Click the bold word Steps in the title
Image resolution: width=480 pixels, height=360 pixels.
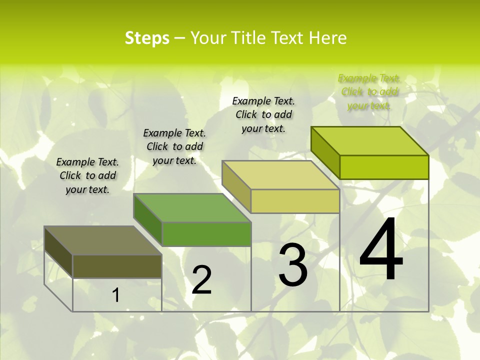[147, 38]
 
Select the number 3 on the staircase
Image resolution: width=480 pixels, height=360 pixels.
[293, 265]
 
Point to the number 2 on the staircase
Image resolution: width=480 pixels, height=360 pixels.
[202, 280]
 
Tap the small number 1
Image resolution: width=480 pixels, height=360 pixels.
[115, 295]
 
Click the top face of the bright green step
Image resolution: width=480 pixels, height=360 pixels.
[370, 140]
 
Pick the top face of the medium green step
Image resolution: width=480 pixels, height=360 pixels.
[192, 207]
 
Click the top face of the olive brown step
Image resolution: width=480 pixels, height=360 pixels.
[103, 240]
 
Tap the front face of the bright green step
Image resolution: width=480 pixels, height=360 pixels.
[384, 167]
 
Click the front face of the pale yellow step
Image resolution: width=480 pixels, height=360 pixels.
[295, 201]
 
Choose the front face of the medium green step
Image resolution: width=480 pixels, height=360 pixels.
[206, 234]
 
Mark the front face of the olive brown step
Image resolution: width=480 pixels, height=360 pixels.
[117, 266]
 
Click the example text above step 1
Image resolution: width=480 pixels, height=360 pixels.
[87, 175]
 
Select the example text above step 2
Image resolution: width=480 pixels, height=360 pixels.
[174, 146]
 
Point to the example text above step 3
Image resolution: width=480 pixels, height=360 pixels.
[263, 114]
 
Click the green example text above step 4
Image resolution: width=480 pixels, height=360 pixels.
[369, 92]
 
